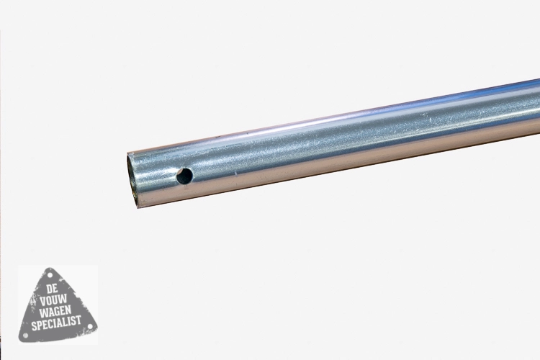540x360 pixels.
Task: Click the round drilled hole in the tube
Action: coord(184,176)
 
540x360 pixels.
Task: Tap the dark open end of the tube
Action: coord(132,181)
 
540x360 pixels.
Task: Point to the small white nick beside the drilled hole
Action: coord(235,173)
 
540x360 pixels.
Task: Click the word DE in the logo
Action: coord(53,289)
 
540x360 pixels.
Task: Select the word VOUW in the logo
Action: coord(53,300)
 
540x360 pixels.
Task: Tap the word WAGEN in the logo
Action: coord(55,311)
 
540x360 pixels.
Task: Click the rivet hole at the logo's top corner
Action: coord(50,276)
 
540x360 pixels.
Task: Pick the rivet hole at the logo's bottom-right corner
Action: coord(91,326)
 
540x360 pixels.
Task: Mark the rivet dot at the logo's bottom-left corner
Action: coord(25,335)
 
